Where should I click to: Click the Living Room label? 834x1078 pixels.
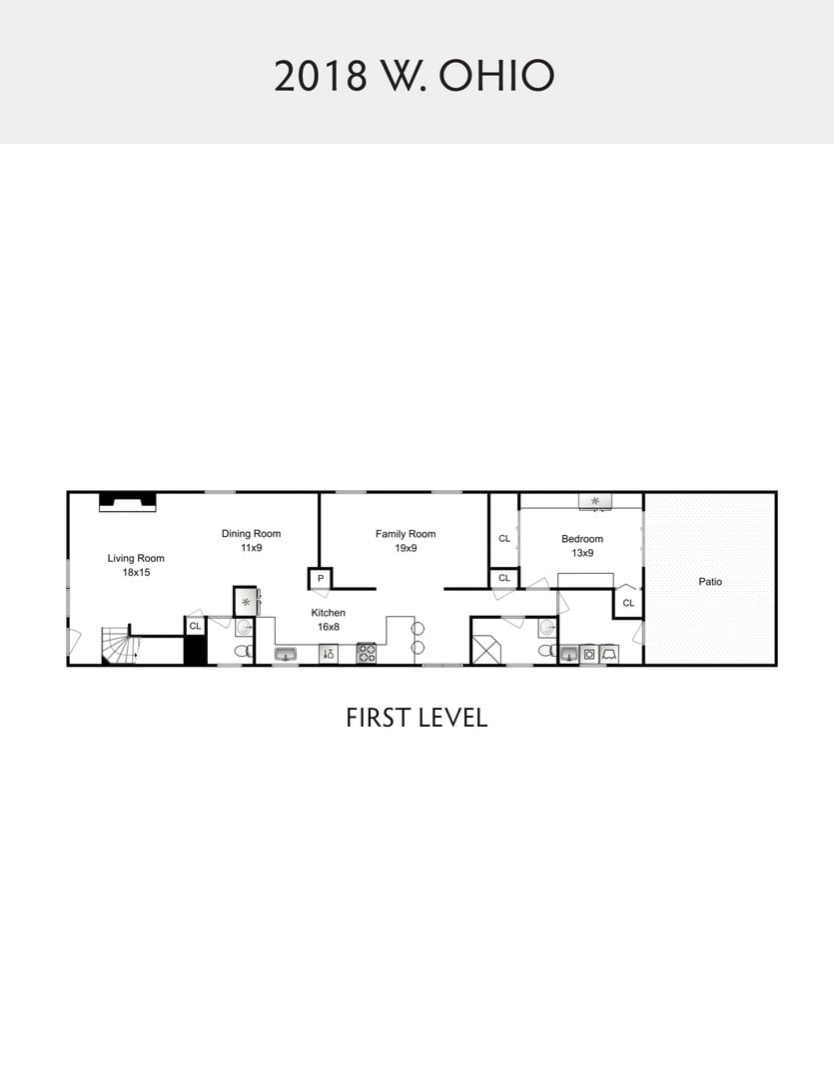[x=136, y=558]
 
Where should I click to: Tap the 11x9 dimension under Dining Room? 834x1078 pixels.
[x=251, y=548]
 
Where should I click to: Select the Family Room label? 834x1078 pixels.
[x=406, y=533]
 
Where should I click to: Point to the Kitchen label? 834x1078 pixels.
[x=329, y=613]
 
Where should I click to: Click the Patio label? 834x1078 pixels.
[x=710, y=582]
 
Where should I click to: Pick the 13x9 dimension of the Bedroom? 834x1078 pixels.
[x=582, y=553]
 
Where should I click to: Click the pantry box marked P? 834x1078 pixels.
[x=320, y=579]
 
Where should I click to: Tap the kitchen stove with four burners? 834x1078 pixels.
[x=367, y=653]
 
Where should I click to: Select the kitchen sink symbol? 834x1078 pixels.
[x=286, y=654]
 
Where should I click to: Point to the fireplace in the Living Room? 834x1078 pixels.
[x=127, y=502]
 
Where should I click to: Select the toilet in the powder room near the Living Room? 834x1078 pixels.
[x=243, y=651]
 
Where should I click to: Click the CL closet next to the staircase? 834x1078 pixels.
[x=196, y=626]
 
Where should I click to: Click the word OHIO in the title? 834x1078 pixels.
[x=496, y=76]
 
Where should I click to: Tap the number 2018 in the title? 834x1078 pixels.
[x=321, y=76]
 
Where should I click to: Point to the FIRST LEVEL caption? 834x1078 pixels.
[x=417, y=718]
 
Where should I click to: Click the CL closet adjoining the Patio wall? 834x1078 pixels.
[x=628, y=603]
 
